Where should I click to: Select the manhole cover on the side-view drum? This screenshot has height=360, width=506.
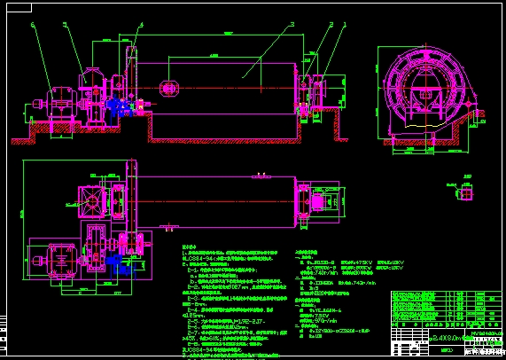tap(167, 87)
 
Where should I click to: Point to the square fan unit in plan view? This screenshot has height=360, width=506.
tap(90, 202)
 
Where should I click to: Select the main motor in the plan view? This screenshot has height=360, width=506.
tap(62, 260)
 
